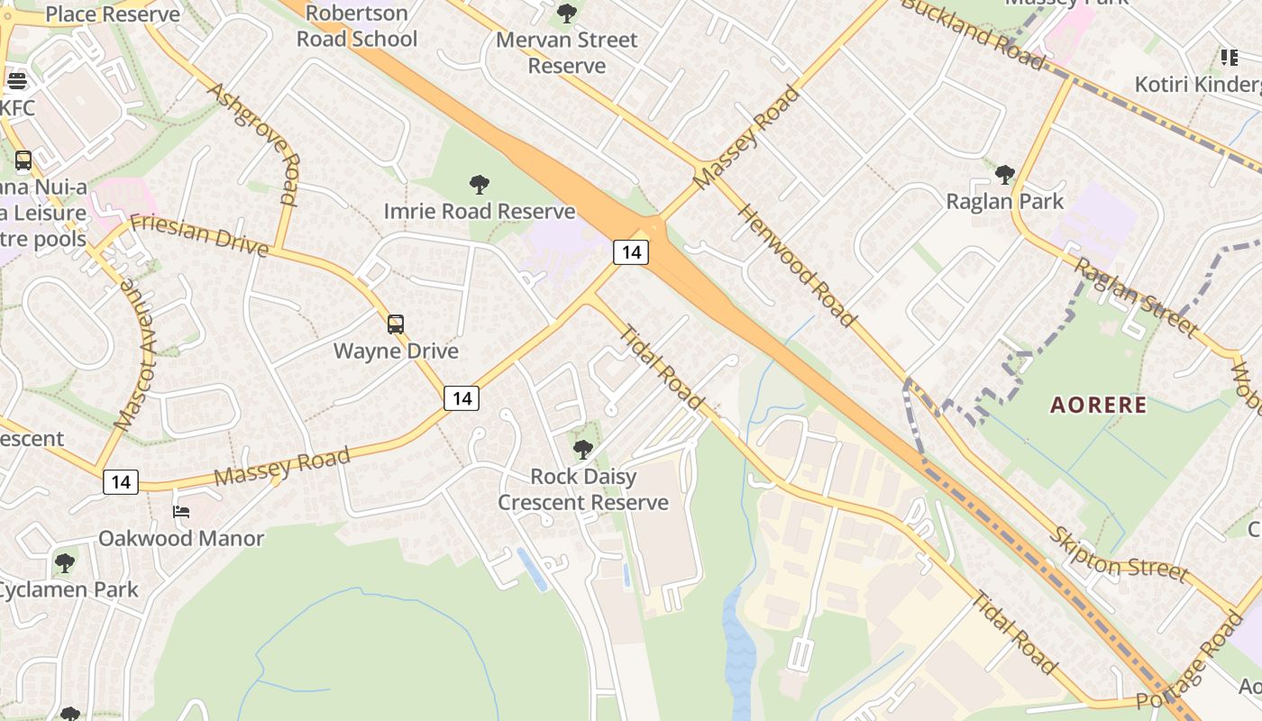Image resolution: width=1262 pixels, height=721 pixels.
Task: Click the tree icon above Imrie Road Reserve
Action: (x=480, y=185)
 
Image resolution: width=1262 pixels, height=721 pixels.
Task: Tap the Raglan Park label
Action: (x=1005, y=201)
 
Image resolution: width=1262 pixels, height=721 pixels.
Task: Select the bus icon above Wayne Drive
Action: (x=396, y=324)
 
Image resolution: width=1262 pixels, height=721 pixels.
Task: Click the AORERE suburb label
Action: (x=1099, y=405)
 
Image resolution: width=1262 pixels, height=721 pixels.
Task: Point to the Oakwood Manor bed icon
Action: (x=181, y=512)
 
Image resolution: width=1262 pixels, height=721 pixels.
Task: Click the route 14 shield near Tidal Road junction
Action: (x=631, y=251)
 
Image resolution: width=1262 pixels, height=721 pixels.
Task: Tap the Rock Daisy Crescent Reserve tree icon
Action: (x=583, y=449)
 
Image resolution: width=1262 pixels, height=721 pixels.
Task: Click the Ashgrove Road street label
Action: (x=254, y=142)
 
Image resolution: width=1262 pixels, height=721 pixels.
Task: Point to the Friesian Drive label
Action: (x=198, y=235)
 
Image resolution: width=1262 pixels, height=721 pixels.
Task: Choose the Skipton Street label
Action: (x=1118, y=555)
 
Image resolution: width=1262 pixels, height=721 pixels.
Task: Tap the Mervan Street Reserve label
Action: (x=567, y=52)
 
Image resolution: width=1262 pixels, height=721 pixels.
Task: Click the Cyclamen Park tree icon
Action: (x=64, y=563)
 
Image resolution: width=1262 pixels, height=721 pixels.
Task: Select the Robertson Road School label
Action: (x=357, y=26)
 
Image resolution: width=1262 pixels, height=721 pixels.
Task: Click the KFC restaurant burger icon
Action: (x=15, y=81)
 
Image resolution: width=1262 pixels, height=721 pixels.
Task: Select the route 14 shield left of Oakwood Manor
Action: (x=121, y=482)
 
